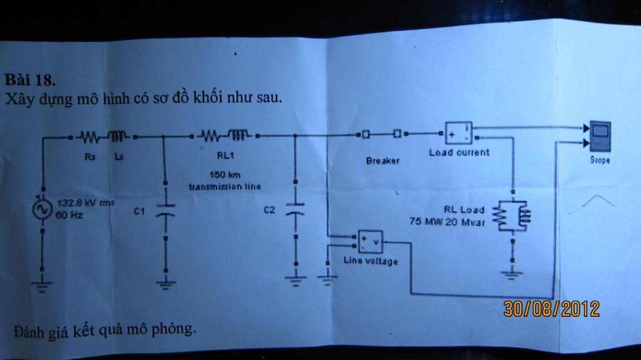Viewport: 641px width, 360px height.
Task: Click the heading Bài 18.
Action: click(x=31, y=80)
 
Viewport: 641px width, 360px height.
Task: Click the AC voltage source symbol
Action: click(x=42, y=209)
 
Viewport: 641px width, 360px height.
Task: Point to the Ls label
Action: click(x=118, y=157)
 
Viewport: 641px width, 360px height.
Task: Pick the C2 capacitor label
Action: click(x=269, y=210)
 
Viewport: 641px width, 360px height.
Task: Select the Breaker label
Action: click(x=382, y=161)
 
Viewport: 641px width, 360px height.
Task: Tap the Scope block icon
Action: click(x=599, y=136)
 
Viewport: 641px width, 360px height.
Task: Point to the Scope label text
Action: click(x=599, y=160)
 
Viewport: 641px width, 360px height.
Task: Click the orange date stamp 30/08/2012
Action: click(x=551, y=309)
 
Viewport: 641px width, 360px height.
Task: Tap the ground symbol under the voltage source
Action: click(x=42, y=285)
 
